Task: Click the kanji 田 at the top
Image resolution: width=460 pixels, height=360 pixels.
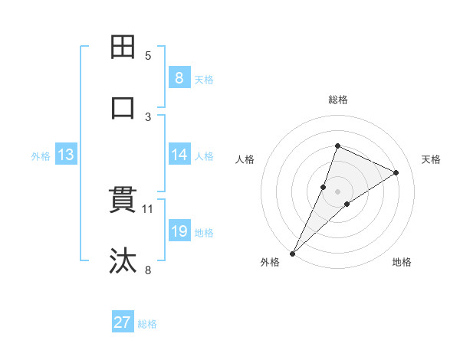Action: [123, 47]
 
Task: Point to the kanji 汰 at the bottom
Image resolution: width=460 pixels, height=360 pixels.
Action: [123, 261]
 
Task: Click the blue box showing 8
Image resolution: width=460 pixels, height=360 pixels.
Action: [179, 77]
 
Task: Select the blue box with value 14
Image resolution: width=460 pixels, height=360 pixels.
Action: [179, 155]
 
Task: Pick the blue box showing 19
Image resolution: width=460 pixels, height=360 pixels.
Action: [179, 231]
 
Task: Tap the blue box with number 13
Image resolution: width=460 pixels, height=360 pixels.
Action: [65, 155]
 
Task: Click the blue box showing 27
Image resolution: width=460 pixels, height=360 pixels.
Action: [123, 322]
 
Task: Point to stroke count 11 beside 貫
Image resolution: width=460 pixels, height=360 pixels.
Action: [149, 208]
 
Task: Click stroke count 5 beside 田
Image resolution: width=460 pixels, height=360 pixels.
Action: [149, 55]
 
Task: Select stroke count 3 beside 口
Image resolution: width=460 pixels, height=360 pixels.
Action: [149, 116]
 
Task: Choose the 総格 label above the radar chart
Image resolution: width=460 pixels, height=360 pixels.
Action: [338, 100]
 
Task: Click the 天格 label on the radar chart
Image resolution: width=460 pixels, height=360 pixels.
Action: [432, 159]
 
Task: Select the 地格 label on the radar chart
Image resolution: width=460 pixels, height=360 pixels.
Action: [402, 262]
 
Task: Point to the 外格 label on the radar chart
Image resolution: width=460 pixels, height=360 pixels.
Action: [270, 262]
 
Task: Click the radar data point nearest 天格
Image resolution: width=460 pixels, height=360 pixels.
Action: [396, 173]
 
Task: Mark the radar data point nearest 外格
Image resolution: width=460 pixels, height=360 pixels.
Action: [293, 253]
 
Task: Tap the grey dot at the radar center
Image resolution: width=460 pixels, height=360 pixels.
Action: [338, 191]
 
